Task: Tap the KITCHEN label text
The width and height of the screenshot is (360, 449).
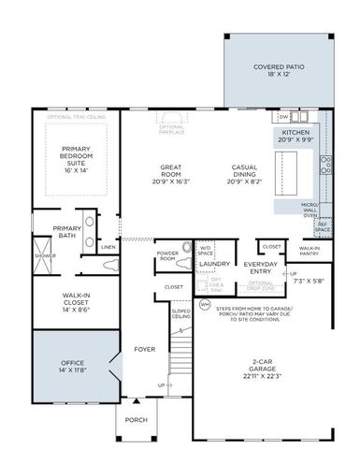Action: click(x=295, y=133)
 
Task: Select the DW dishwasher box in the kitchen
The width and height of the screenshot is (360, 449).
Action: click(x=283, y=117)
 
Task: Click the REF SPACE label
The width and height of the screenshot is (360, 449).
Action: click(x=323, y=225)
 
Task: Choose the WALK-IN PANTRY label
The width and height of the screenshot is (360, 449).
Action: click(x=310, y=252)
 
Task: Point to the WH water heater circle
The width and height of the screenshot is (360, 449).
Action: click(x=205, y=304)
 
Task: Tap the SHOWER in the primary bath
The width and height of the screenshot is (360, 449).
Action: click(x=39, y=254)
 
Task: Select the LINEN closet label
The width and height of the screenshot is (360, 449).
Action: click(x=108, y=247)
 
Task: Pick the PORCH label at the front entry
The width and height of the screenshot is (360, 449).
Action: click(x=137, y=420)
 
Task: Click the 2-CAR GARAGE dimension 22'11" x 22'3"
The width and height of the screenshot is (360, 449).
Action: click(x=263, y=377)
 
